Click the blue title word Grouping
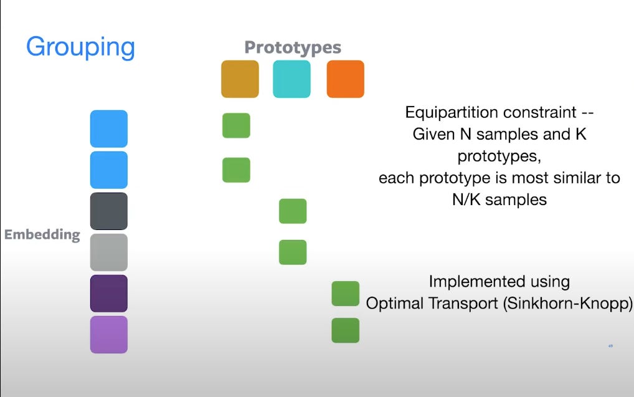coord(80,47)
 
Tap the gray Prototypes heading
coord(293,47)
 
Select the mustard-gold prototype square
coord(240,79)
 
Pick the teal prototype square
coord(291,79)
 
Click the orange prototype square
coord(345,79)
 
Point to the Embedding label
coord(42,235)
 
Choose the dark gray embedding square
coord(109,211)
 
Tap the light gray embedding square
coord(109,252)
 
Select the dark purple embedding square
coord(109,294)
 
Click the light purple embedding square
coord(109,335)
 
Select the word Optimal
coord(394,304)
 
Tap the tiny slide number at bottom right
coord(610,346)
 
